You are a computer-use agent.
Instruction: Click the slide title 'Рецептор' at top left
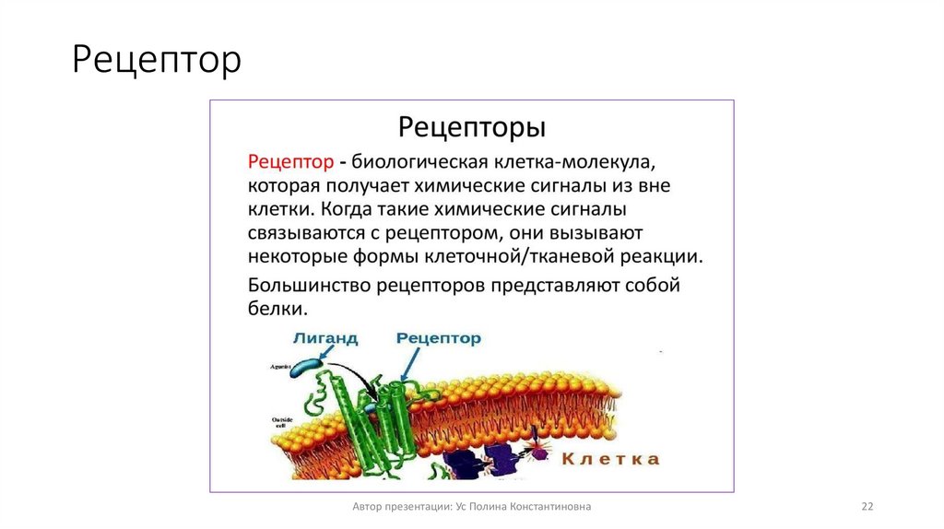point(157,61)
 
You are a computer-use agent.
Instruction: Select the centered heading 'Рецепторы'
point(471,125)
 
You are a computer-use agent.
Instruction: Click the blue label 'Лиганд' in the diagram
point(327,338)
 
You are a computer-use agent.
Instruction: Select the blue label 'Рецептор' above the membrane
point(439,338)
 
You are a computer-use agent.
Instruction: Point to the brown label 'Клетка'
point(611,458)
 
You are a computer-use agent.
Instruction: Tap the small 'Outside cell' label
point(282,423)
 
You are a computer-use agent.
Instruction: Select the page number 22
point(867,507)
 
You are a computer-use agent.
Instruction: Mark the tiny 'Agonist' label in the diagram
point(281,366)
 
